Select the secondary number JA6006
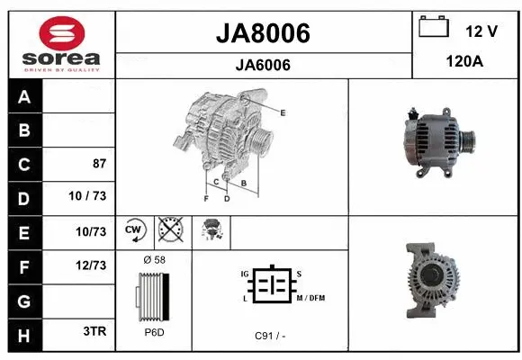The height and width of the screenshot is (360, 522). (x=263, y=65)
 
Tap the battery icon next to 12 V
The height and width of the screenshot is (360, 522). (x=433, y=28)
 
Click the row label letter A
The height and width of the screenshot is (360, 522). (x=23, y=97)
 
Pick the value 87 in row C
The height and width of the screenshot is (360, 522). (x=99, y=164)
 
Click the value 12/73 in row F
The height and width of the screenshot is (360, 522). (x=92, y=265)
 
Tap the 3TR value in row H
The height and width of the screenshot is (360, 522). (x=94, y=331)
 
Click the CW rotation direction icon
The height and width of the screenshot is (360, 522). (x=135, y=231)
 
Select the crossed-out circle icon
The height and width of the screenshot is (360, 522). (x=169, y=231)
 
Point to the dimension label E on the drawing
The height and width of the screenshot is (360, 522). (x=283, y=112)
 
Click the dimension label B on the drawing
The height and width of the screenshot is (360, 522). (x=243, y=183)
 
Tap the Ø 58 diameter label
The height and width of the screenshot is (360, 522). (x=154, y=260)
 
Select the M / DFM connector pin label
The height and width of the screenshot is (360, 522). (x=310, y=298)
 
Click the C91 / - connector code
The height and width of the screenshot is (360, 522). (x=270, y=336)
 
